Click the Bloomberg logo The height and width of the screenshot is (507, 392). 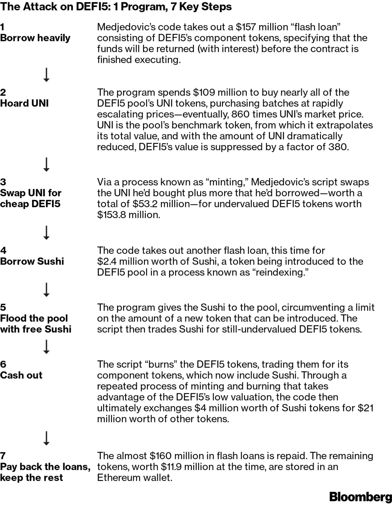coord(360,497)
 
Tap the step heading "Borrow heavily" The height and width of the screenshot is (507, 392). coord(35,38)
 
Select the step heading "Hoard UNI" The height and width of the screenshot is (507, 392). coord(24,103)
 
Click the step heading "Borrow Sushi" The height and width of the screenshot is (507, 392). coord(32,261)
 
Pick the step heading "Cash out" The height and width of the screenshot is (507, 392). coord(21,375)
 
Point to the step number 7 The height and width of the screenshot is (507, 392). coord(3,456)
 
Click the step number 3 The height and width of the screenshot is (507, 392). coord(3,182)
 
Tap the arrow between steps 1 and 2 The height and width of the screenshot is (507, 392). coord(47,75)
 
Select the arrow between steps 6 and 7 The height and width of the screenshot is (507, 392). coord(47,438)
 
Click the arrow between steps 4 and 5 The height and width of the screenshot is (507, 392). coord(47,290)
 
